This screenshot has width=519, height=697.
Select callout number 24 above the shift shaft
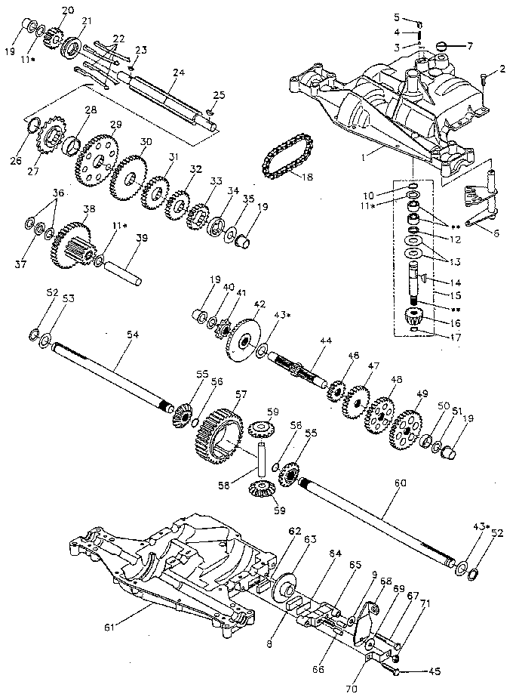pos(178,72)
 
